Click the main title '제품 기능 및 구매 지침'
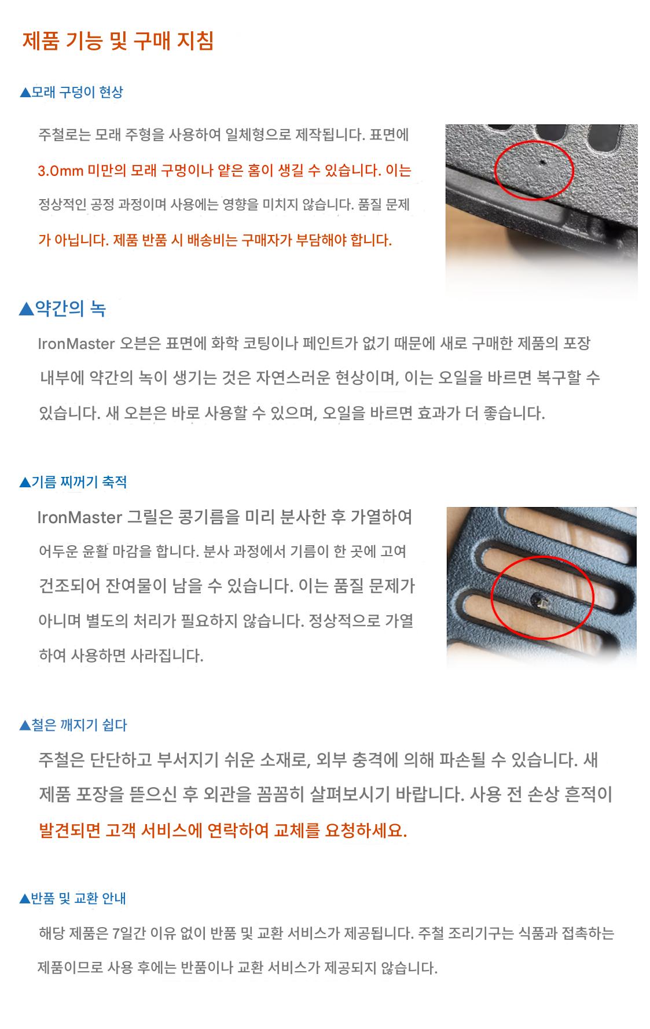click(118, 41)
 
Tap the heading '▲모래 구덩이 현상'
click(71, 92)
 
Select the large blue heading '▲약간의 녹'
click(63, 308)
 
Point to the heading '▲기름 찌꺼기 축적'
click(73, 482)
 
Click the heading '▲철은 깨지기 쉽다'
click(73, 725)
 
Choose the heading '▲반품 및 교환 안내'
click(73, 898)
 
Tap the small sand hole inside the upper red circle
click(541, 163)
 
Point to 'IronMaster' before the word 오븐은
click(76, 344)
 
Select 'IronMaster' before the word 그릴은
click(79, 517)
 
